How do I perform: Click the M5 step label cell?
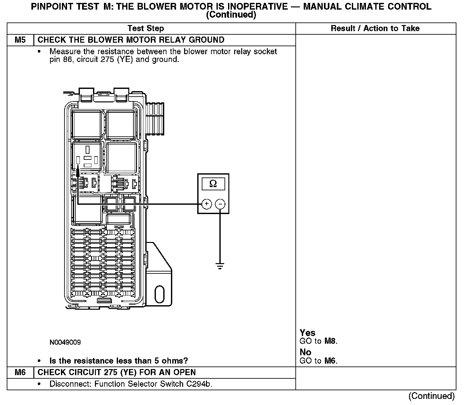click(x=20, y=40)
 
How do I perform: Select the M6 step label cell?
click(x=20, y=373)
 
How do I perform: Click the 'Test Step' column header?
click(x=146, y=29)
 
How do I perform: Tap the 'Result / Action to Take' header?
click(x=375, y=29)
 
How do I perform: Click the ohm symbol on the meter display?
click(x=213, y=184)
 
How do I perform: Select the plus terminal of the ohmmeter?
click(x=207, y=204)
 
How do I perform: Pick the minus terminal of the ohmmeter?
click(x=220, y=204)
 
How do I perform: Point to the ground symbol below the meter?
click(x=220, y=266)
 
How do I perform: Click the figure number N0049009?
click(x=65, y=342)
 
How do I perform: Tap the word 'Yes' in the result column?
click(x=307, y=333)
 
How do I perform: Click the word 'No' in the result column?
click(x=305, y=352)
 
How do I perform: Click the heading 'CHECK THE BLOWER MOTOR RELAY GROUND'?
click(x=131, y=40)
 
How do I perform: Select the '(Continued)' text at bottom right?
click(x=431, y=396)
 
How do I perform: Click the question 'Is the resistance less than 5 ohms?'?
click(x=119, y=361)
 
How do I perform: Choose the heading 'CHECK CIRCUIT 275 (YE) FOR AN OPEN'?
click(x=116, y=373)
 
